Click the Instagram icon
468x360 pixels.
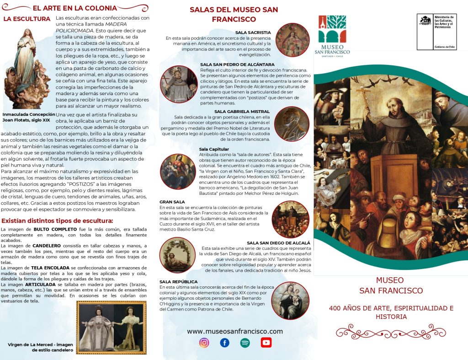point(204,343)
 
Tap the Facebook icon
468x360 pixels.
point(224,343)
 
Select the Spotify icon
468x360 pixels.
point(245,343)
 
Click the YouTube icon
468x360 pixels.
point(266,343)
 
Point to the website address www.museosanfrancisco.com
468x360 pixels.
point(234,331)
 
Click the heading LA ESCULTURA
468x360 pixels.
point(27,19)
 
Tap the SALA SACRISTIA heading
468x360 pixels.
point(253,32)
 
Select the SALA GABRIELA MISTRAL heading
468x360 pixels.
point(242,111)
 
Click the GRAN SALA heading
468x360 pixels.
point(172,202)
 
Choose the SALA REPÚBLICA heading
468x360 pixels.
point(179,281)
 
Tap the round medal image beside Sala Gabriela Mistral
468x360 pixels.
point(292,124)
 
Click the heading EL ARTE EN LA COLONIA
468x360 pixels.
point(74,8)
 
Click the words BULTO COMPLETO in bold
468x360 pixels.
point(52,229)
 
